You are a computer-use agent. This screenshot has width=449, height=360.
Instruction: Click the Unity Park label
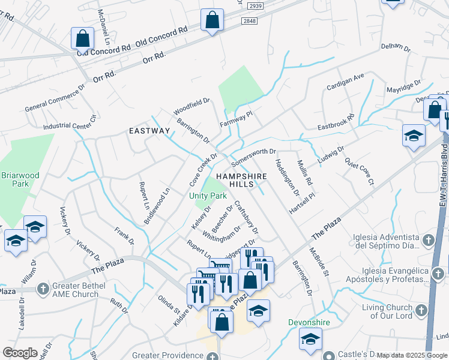[208, 196]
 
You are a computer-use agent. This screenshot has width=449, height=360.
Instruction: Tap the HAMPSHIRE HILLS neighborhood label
[240, 181]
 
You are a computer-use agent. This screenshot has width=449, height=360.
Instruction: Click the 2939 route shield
[255, 5]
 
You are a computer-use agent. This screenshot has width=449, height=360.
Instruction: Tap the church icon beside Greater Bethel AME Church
[43, 289]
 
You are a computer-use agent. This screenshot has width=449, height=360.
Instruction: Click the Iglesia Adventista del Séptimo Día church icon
[427, 241]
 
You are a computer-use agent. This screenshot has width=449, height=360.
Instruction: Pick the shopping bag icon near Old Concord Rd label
[82, 39]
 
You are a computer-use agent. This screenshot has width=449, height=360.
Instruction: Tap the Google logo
[20, 353]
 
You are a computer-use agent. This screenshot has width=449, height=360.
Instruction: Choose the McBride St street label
[319, 263]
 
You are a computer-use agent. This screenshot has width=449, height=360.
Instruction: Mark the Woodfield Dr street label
[191, 107]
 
